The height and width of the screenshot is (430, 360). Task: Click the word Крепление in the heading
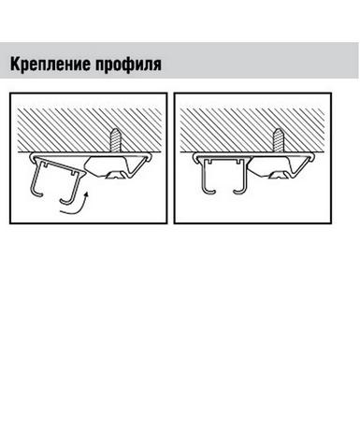[x=50, y=64]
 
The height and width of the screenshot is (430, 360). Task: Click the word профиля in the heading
[x=128, y=64]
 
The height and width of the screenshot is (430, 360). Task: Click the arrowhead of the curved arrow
[x=86, y=195]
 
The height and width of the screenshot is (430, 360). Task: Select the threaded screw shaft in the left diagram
[x=115, y=140]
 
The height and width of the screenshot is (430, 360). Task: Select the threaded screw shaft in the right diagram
[x=279, y=140]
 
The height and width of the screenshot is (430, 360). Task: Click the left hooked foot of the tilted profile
[x=36, y=193]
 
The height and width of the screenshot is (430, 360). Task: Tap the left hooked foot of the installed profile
[x=209, y=191]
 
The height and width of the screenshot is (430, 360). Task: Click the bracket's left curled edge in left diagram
[x=32, y=157]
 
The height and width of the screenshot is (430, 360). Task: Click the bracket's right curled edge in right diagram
[x=312, y=157]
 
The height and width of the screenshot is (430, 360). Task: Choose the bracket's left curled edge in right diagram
[x=195, y=157]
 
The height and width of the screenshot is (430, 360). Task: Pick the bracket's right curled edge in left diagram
[x=150, y=157]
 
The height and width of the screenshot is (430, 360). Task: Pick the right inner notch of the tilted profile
[x=74, y=171]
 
